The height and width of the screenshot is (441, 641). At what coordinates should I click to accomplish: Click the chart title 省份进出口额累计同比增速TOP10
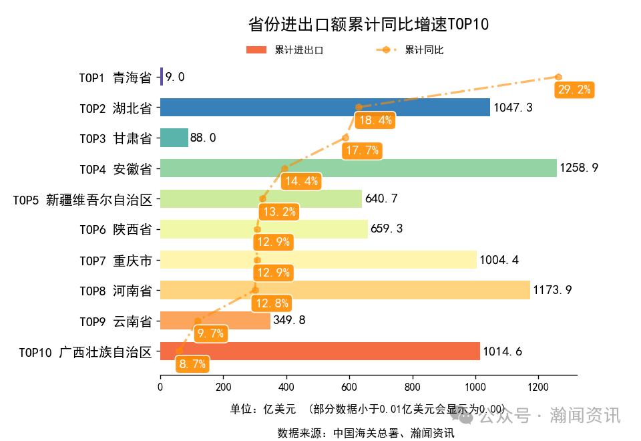click(369, 25)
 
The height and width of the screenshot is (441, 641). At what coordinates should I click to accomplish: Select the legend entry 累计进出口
click(285, 50)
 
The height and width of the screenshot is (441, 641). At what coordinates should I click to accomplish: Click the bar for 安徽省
click(358, 168)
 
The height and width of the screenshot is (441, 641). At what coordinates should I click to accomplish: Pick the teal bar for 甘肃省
click(174, 138)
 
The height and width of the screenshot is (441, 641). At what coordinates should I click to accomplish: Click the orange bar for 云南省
click(215, 321)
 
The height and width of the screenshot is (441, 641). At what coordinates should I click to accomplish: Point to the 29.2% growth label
click(574, 90)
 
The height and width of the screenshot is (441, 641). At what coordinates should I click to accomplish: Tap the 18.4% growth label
click(375, 121)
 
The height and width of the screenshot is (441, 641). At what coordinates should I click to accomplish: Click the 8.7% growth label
click(192, 364)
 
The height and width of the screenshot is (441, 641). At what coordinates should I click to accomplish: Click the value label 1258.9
click(579, 168)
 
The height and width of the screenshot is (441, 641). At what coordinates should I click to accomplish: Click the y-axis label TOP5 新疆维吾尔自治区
click(83, 199)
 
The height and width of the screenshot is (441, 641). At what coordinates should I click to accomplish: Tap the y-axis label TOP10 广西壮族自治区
click(86, 351)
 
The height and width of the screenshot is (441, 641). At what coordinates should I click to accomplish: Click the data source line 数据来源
click(366, 433)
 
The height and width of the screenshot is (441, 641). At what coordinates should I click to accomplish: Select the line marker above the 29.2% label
click(558, 78)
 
